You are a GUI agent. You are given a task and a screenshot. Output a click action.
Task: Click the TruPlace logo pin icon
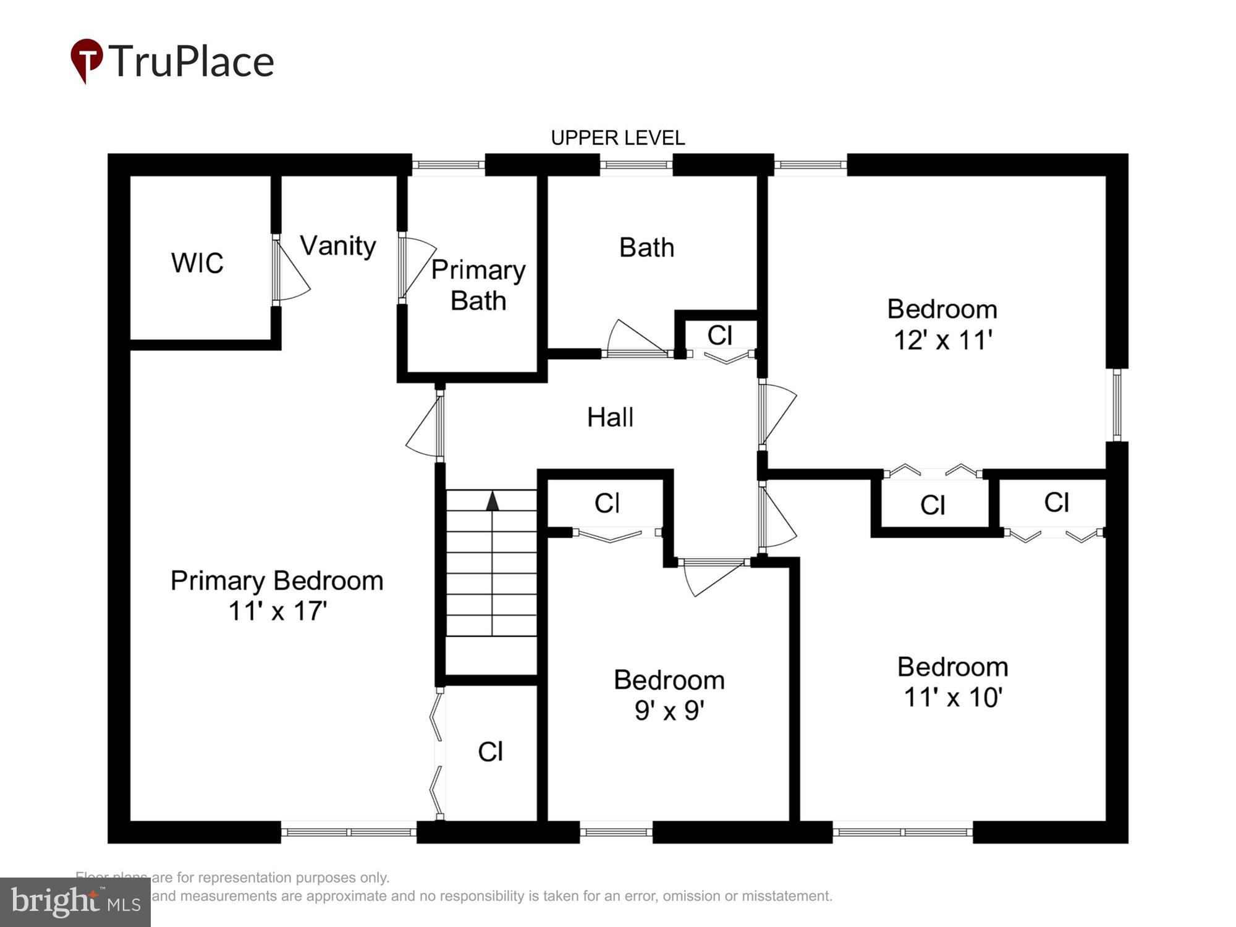87,59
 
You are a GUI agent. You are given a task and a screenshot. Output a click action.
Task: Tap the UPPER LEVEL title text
617,138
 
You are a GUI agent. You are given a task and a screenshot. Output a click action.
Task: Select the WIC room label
197,263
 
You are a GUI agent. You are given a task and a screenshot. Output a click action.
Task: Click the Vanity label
338,246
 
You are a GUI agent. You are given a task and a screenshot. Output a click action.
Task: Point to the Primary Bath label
478,286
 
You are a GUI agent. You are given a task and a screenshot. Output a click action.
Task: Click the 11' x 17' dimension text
277,611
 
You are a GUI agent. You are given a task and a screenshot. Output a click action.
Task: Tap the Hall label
610,417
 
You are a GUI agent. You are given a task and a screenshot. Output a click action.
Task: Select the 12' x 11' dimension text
942,340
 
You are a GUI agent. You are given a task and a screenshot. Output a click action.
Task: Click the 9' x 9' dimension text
669,711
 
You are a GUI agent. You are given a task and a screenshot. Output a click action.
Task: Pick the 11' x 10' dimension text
952,697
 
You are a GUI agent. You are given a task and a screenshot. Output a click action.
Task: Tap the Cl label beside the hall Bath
720,336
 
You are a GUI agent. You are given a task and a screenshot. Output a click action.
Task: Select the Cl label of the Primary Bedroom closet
491,751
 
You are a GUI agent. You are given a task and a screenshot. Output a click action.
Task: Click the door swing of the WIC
292,272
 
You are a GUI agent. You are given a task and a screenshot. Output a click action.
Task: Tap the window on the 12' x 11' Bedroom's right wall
1117,405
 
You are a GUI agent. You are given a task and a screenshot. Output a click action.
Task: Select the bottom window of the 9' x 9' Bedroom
616,832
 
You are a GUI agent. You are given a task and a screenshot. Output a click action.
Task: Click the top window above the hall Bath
636,164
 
